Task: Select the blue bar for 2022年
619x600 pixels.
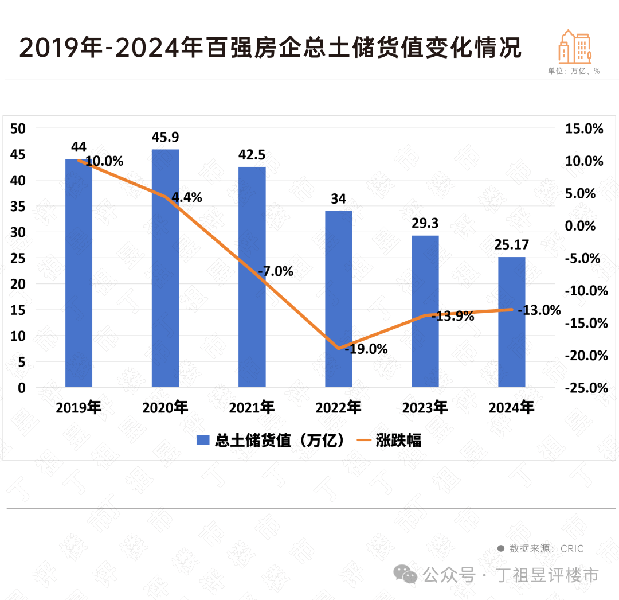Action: point(339,299)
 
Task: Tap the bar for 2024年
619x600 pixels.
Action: point(512,322)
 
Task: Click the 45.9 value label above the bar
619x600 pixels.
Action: point(165,138)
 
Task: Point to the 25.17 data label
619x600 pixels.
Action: point(512,245)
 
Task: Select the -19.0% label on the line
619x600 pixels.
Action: point(366,349)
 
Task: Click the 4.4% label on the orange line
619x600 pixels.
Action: point(187,198)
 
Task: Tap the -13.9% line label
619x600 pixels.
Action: point(452,316)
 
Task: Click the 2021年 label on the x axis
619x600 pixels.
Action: point(252,408)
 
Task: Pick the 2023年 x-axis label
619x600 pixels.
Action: point(425,408)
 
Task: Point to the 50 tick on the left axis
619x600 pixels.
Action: point(19,129)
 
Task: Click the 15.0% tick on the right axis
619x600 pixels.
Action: point(585,129)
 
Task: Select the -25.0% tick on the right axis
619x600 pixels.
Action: point(585,388)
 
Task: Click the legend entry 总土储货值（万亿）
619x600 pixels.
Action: point(272,441)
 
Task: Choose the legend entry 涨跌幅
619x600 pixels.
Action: point(390,441)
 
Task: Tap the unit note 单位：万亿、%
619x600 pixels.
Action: point(573,71)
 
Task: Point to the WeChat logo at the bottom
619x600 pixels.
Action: point(408,574)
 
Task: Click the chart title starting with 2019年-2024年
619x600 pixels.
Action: point(271,48)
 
